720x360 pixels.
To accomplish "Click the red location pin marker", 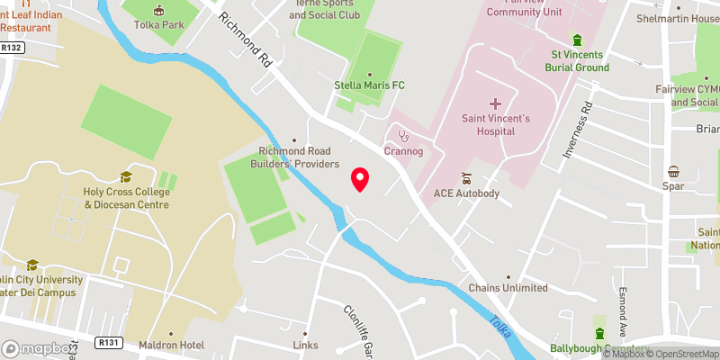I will (360, 179).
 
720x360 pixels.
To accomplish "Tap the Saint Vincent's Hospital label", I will (489, 124).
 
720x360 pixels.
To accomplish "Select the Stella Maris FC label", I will (369, 85).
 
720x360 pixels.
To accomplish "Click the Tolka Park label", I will (159, 24).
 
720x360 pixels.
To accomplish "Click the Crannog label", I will (403, 151).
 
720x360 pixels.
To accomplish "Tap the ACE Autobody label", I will (465, 193).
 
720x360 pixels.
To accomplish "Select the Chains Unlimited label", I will (508, 288).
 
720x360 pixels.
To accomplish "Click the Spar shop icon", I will (673, 172).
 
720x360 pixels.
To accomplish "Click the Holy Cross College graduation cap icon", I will (126, 176).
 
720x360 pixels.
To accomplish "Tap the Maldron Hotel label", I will (172, 346).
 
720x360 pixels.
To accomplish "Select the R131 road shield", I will (110, 343).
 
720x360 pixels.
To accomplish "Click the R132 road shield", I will (12, 46).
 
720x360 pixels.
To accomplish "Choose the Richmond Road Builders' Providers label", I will (299, 157).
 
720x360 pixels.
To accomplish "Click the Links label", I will (306, 346).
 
